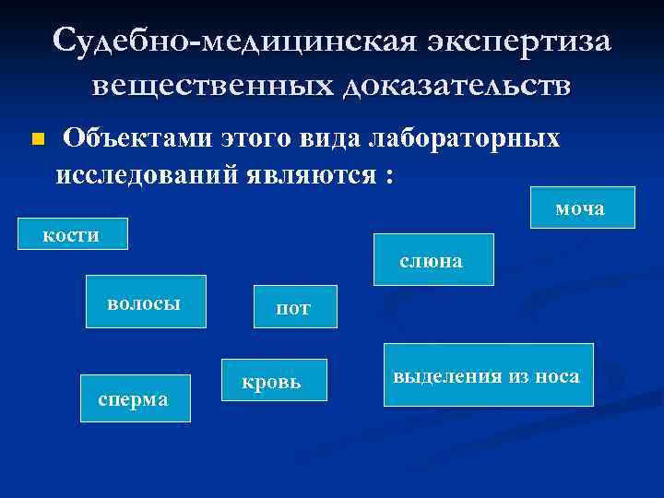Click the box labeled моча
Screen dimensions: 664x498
(582, 207)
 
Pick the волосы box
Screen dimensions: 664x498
(146, 302)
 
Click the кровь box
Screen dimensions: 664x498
(274, 380)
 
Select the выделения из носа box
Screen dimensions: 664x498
(488, 375)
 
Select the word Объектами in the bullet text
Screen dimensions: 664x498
(137, 139)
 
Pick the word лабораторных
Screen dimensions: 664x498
(464, 139)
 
